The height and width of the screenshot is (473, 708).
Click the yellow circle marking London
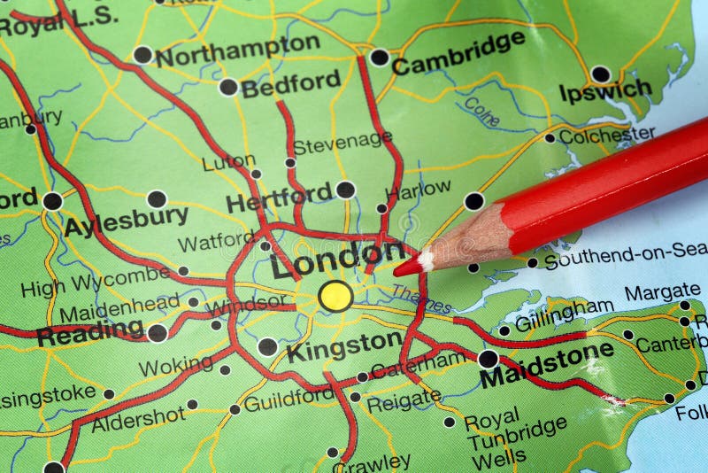click(335, 296)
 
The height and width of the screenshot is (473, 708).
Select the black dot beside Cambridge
click(379, 58)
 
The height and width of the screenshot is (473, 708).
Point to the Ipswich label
click(605, 90)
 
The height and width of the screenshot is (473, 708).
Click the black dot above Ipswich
click(600, 74)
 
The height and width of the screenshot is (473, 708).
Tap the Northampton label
click(237, 50)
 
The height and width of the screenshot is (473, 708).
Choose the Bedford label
click(290, 84)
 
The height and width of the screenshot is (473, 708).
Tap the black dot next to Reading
click(157, 332)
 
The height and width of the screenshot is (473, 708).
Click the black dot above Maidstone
click(488, 359)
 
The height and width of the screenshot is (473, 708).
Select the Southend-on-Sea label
click(626, 256)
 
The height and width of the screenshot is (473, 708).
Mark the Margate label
click(662, 291)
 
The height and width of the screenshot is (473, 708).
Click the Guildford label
click(289, 400)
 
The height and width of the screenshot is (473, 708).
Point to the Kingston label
click(344, 345)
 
